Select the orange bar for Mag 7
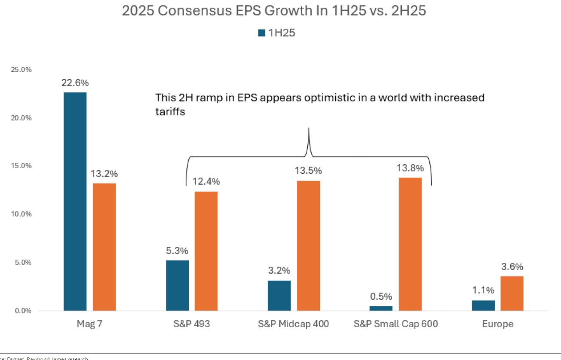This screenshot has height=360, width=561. [x=104, y=247]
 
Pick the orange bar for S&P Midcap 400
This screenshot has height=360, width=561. [x=308, y=246]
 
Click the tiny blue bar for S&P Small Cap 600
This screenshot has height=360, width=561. [x=381, y=308]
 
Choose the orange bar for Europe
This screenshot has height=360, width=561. [x=512, y=293]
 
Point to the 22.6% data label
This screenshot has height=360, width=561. [x=75, y=83]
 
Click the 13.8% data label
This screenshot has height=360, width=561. [x=410, y=168]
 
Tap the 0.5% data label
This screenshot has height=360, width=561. [x=381, y=296]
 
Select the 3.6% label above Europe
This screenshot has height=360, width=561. [x=512, y=267]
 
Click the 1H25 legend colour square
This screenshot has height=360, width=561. [x=262, y=33]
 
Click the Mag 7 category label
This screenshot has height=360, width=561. [x=89, y=324]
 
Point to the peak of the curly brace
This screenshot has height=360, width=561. [x=309, y=129]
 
